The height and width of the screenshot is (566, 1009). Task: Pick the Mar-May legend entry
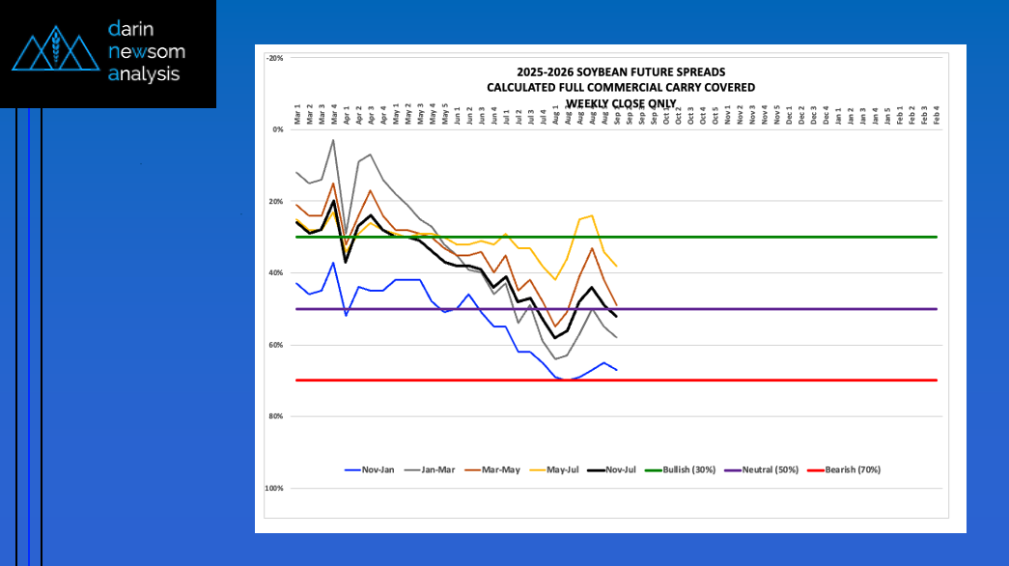tap(498, 470)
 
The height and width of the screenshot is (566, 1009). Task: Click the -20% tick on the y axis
tap(275, 58)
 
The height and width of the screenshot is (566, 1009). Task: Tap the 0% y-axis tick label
tap(277, 129)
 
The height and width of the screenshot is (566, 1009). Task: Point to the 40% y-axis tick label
tap(276, 273)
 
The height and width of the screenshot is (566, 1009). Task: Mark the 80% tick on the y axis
tap(276, 416)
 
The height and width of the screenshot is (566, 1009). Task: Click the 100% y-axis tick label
tap(274, 489)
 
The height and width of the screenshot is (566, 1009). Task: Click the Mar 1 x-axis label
tap(296, 116)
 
